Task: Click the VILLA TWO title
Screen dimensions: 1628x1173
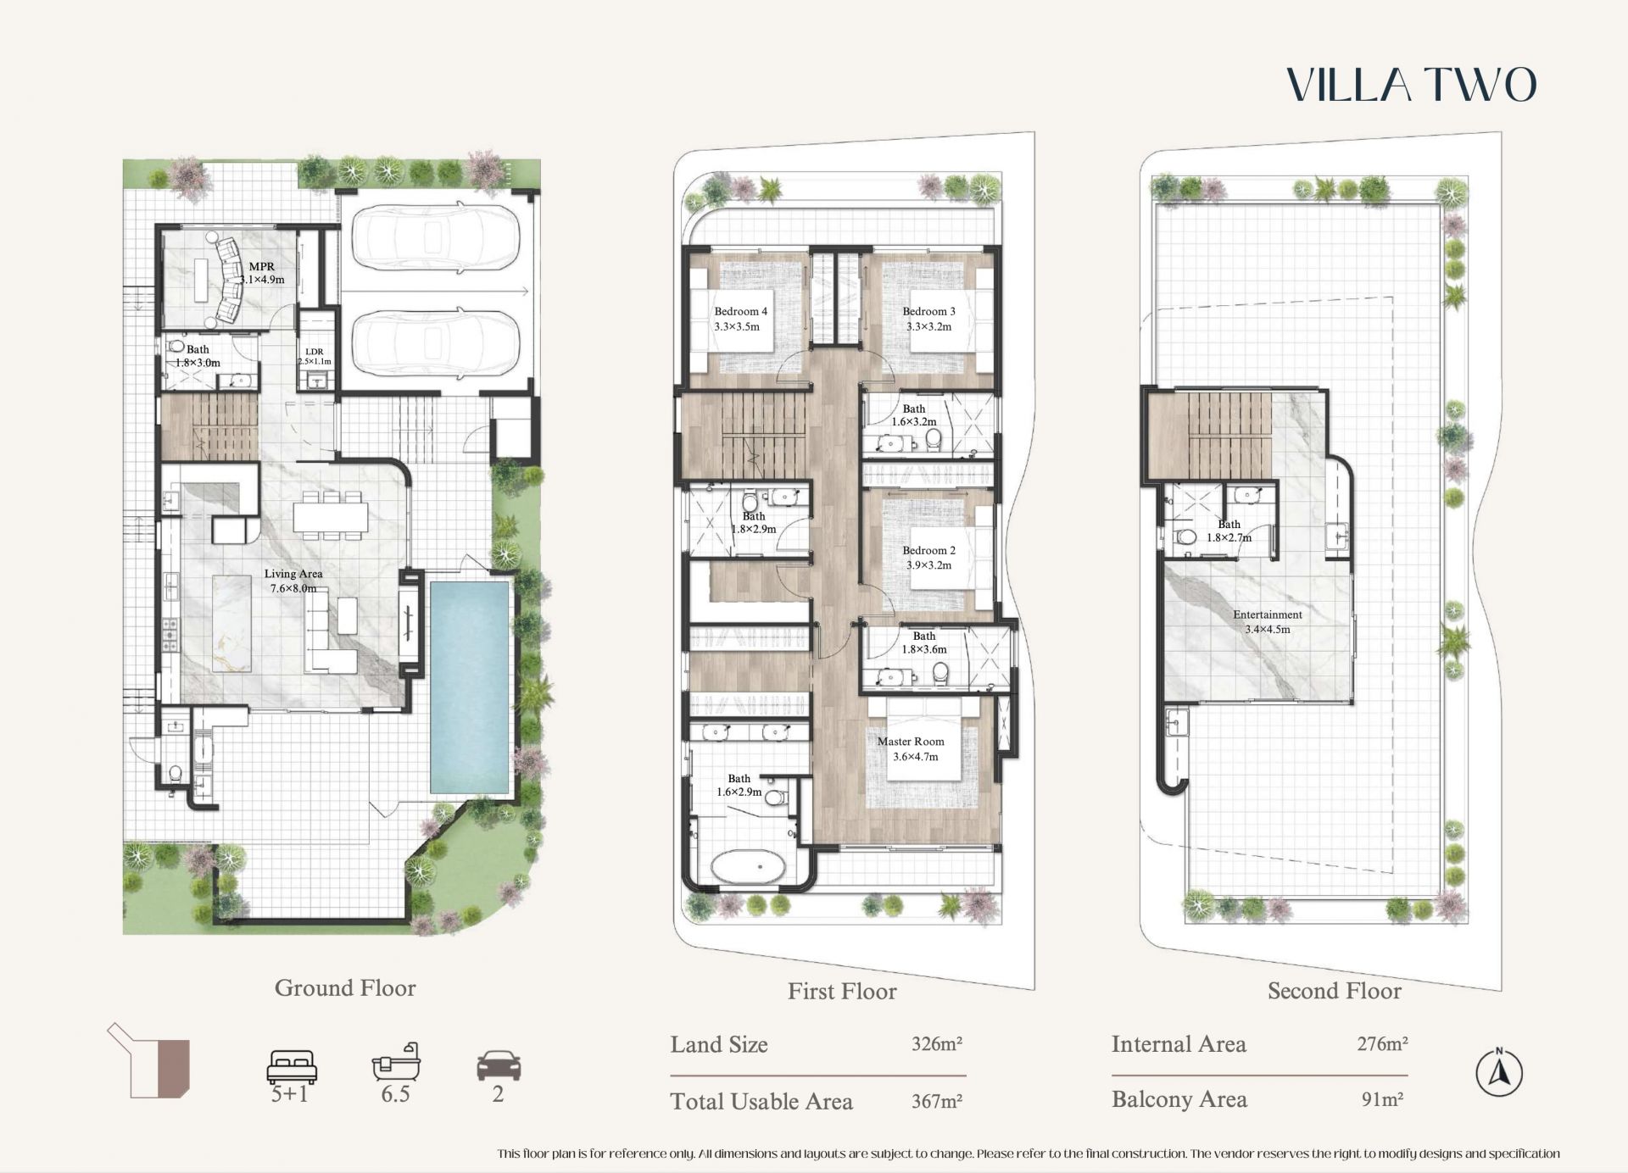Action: coord(1412,85)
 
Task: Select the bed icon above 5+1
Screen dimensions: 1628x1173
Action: coord(292,1066)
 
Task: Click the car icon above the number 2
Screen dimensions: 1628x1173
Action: coord(499,1065)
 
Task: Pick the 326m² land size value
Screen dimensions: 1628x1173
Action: coord(937,1043)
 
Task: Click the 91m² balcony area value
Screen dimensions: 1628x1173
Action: coord(1382,1099)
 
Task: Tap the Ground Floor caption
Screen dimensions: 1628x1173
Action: coord(345,987)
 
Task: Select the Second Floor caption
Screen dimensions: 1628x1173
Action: coord(1335,991)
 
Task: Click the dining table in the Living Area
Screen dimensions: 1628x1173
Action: coord(331,515)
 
